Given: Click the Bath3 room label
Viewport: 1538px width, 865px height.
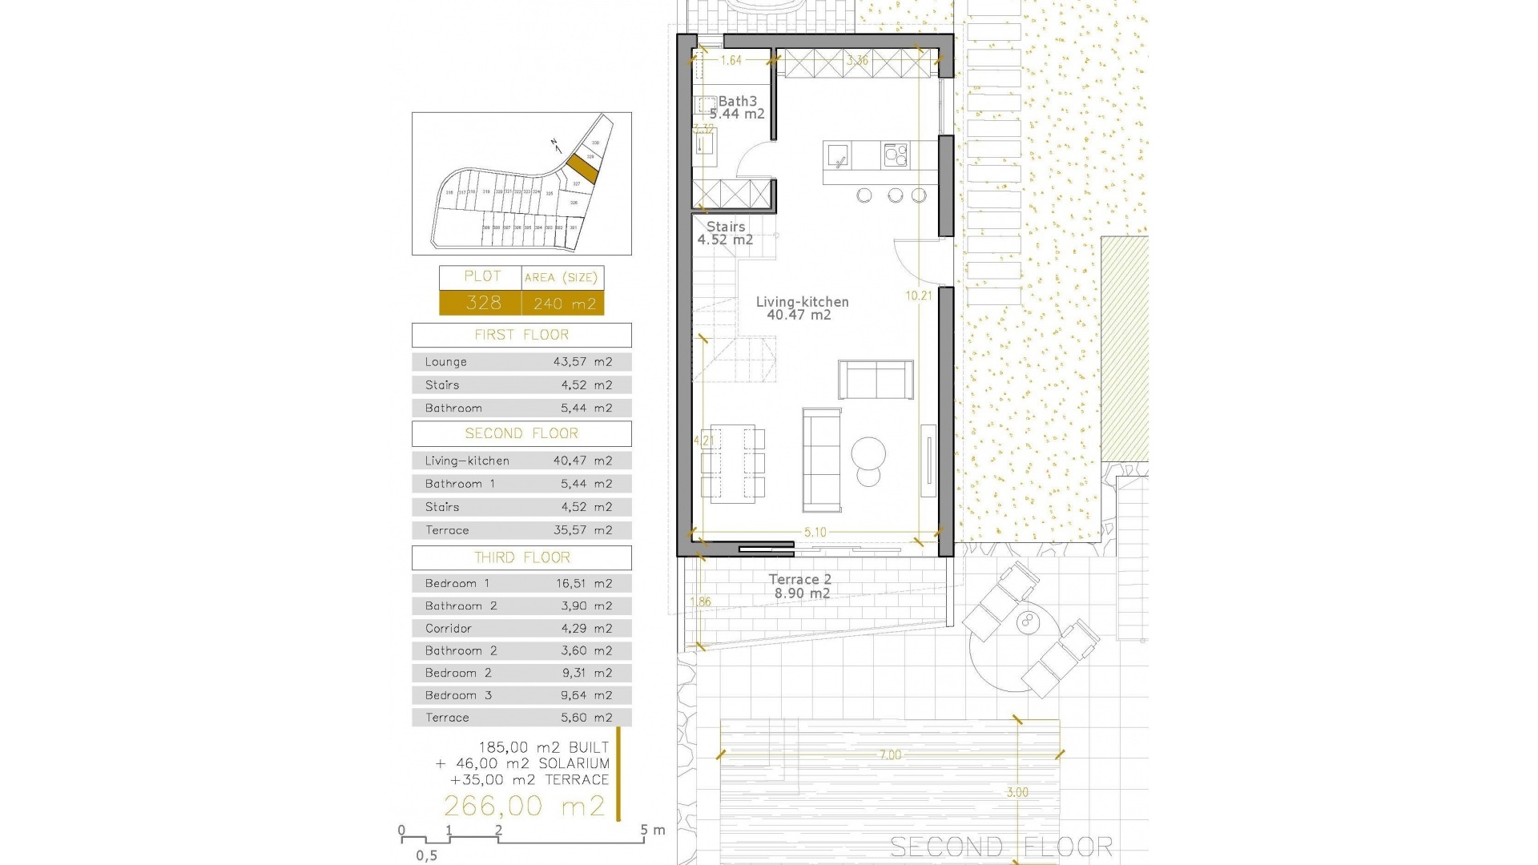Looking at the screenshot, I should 737,102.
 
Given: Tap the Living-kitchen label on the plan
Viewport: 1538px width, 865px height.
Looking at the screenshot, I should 802,302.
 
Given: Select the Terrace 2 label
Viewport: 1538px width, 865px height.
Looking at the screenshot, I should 799,579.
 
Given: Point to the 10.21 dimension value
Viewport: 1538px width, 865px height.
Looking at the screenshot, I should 919,296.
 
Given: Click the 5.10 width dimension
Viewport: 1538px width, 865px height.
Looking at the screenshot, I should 815,532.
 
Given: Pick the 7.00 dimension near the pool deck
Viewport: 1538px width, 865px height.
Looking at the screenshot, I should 890,754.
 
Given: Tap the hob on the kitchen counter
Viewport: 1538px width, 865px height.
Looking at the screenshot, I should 896,155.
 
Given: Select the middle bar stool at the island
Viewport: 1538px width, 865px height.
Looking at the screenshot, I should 895,195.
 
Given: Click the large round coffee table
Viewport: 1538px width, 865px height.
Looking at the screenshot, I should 868,453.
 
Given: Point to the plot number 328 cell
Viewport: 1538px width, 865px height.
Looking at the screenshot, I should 483,303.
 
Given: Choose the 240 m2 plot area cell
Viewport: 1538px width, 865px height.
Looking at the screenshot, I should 564,304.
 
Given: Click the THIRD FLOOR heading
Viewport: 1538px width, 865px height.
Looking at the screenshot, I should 521,557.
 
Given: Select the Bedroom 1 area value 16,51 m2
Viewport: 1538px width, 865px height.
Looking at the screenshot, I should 584,583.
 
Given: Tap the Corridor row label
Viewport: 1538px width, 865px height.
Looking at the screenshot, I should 449,629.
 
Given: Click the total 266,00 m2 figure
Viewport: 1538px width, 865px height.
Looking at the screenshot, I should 525,806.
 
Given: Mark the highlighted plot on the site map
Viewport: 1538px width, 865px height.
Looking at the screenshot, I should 582,168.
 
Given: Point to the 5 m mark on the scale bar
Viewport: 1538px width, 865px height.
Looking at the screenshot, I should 644,831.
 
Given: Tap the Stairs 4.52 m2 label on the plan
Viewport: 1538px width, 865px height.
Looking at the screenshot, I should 725,233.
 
